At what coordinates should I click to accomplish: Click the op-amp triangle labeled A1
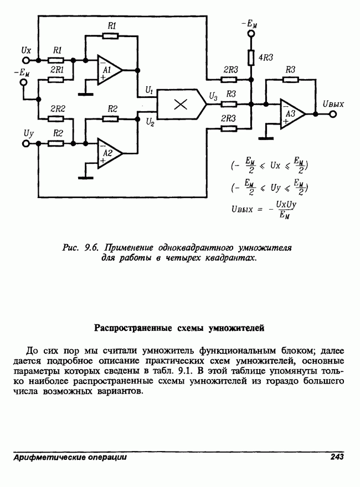108,70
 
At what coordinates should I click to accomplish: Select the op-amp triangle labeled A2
108,153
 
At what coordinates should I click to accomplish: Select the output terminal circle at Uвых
333,115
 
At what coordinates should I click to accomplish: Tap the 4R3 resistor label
265,58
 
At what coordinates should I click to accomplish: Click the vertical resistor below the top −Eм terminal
251,58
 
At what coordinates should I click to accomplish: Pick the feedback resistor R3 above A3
290,80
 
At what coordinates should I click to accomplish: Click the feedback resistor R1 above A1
110,36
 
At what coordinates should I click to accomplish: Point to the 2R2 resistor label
58,108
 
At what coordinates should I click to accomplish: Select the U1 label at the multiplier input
149,90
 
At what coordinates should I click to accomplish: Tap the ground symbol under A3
266,138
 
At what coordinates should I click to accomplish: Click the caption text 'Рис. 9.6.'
80,247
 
